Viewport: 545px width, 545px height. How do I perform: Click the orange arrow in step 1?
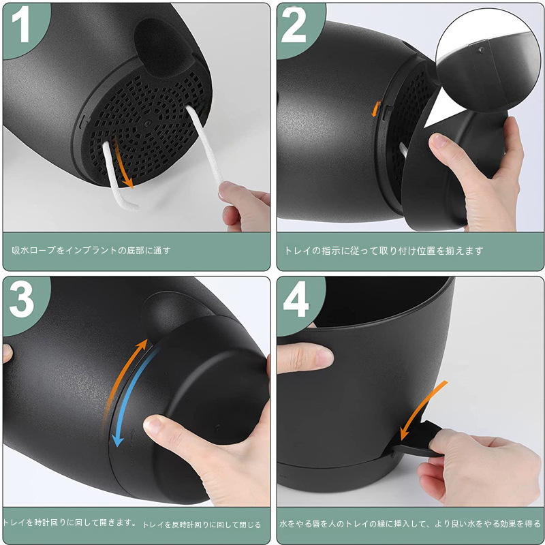123,163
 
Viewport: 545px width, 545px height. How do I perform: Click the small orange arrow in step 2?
376,109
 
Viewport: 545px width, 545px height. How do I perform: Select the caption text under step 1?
91,250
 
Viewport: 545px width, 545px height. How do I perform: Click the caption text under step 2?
384,251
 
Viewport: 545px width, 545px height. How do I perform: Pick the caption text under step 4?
410,523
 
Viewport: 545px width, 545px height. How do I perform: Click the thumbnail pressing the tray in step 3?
153,424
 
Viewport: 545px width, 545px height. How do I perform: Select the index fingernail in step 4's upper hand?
324,356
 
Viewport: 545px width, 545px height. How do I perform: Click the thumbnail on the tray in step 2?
439,142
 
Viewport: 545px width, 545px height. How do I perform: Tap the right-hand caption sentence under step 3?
202,525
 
